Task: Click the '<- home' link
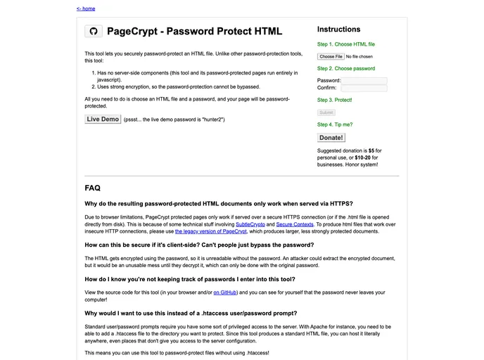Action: [x=86, y=8]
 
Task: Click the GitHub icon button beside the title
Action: [x=94, y=32]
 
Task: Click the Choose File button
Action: [x=331, y=56]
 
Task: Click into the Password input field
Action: [x=364, y=81]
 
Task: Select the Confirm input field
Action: [x=364, y=89]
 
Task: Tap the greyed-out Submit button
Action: [x=326, y=112]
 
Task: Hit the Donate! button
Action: [x=331, y=138]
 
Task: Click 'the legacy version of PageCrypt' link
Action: [x=211, y=231]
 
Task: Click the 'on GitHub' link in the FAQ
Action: [x=226, y=291]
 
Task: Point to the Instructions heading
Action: [x=338, y=30]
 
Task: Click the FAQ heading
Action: [x=92, y=188]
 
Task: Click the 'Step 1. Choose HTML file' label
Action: [x=346, y=44]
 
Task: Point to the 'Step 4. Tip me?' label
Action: [x=335, y=124]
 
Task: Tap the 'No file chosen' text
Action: [x=359, y=56]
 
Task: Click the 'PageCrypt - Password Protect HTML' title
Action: [x=194, y=32]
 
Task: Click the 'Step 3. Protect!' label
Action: [x=335, y=101]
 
